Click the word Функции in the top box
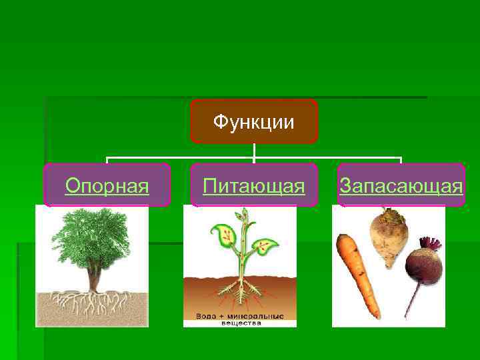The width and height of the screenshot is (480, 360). tap(253, 123)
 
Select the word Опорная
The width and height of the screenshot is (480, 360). tap(107, 185)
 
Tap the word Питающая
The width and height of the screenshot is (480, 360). tap(254, 185)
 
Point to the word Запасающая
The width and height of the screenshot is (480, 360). tap(401, 185)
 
